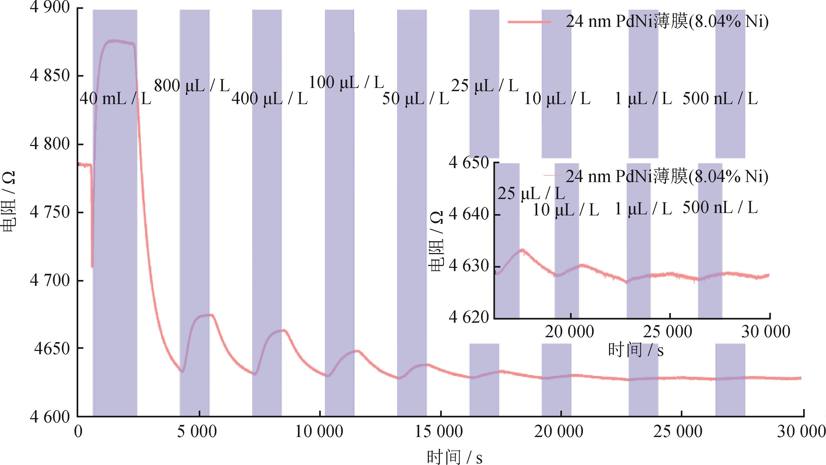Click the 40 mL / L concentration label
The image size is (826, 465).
pos(115,98)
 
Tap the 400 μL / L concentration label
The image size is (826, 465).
pos(270,98)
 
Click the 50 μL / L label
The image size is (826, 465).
pos(416,98)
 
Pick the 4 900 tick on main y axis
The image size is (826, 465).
pos(50,8)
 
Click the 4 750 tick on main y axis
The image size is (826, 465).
pos(50,212)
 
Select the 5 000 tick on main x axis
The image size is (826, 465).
pos(197,432)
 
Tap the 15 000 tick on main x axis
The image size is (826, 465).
pos(439,432)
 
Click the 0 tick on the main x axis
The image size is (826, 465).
pos(78,432)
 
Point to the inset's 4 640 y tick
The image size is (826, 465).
pos(468,214)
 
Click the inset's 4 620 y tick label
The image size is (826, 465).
pos(468,317)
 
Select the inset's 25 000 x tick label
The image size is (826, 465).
pos(668,332)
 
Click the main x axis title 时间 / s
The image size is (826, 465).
pos(454,457)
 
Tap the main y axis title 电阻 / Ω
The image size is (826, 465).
pos(8,202)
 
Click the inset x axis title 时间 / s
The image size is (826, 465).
pos(636,350)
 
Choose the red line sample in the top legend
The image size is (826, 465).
pos(529,22)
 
